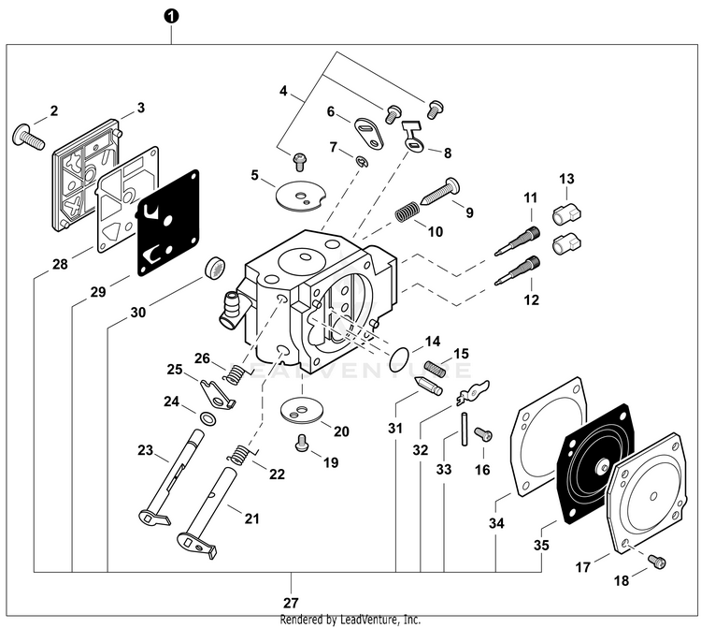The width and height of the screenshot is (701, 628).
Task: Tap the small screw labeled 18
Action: (x=658, y=561)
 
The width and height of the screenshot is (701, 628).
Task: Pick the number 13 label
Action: (x=565, y=179)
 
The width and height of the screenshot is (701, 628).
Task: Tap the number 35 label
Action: (x=541, y=542)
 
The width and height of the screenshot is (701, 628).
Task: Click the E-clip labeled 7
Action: (x=362, y=164)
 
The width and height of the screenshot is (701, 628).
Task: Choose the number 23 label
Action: (x=145, y=451)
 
